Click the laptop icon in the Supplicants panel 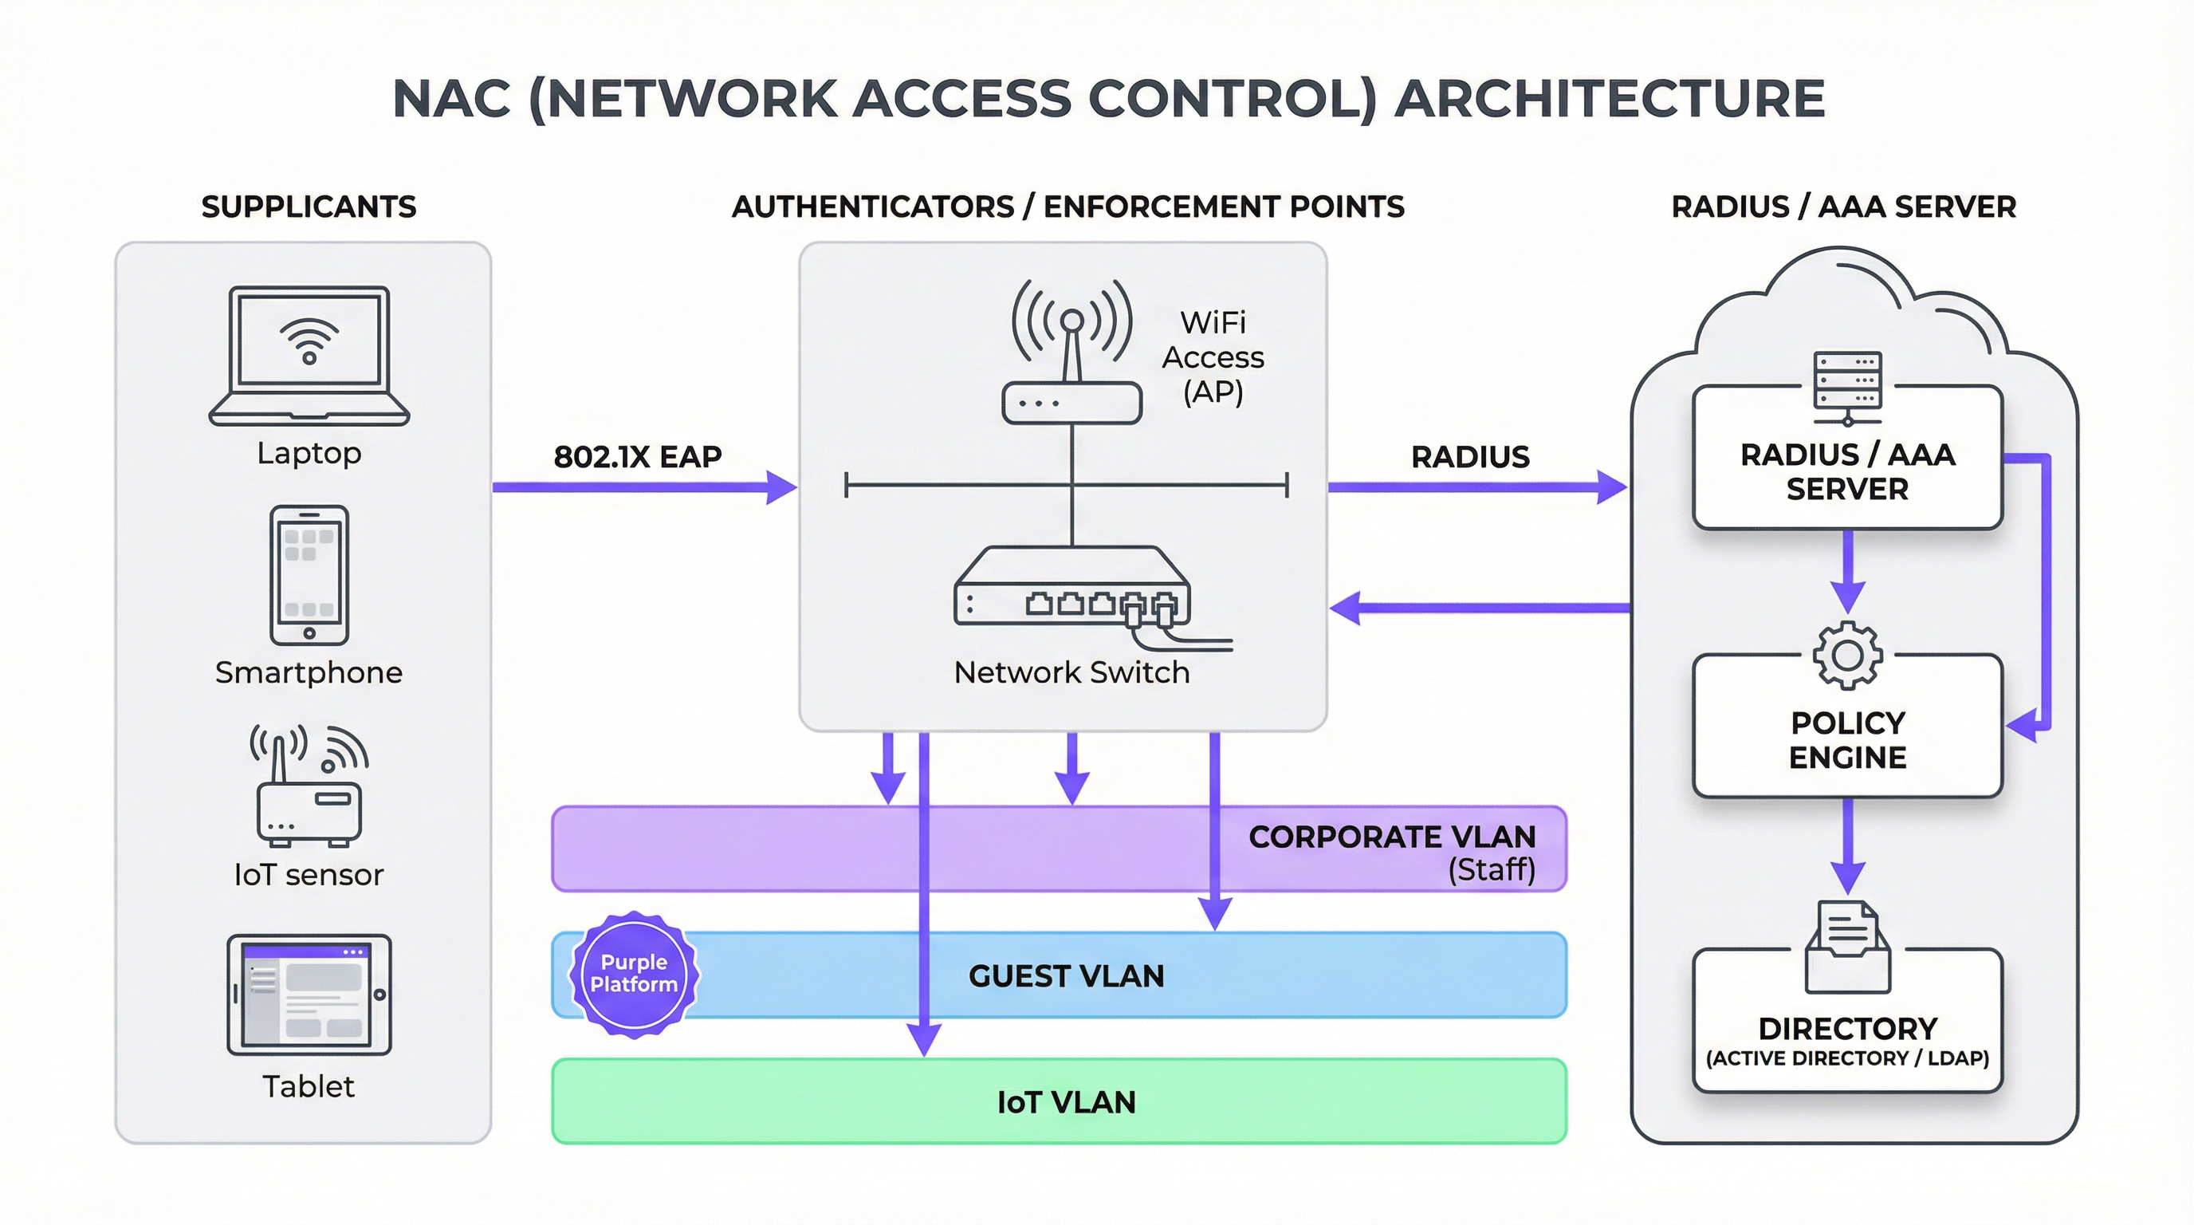(x=309, y=355)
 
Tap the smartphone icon (x=309, y=575)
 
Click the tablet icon (x=309, y=995)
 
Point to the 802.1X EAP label (x=637, y=458)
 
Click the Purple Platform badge (x=634, y=974)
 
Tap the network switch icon (x=1072, y=589)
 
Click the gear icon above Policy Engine (x=1846, y=656)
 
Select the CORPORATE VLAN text (x=1392, y=837)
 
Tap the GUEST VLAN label (x=1065, y=976)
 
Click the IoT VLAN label (x=1065, y=1102)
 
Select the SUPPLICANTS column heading (x=309, y=207)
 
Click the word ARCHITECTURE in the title (x=1609, y=99)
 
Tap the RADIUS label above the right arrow (x=1470, y=458)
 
